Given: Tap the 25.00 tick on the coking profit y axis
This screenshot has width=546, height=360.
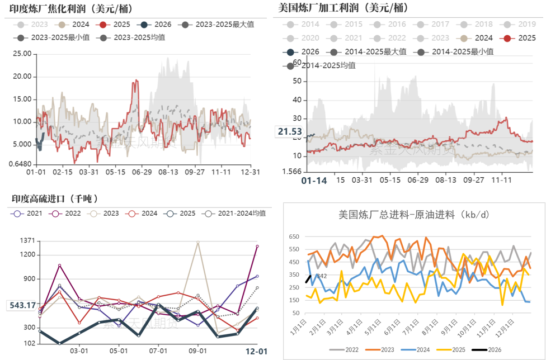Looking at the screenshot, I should click(21, 53).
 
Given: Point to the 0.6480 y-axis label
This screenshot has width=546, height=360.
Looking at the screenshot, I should click(20, 164).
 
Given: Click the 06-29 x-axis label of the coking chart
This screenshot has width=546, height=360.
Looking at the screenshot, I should click(142, 172).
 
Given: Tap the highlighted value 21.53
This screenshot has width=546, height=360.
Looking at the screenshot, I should click(289, 131).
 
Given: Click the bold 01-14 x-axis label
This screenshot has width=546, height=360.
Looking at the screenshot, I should click(313, 181).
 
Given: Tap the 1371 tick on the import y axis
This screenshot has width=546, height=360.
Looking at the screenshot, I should click(27, 240).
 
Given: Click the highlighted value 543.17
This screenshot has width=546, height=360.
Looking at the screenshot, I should click(22, 305).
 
